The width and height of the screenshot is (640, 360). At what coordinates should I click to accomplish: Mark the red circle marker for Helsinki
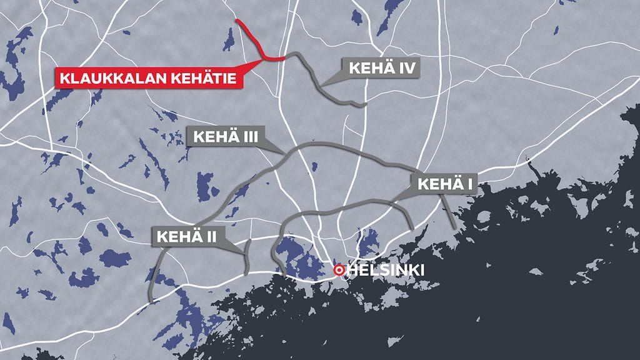(339, 271)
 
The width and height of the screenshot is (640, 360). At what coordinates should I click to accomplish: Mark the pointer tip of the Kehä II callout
(244, 253)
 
